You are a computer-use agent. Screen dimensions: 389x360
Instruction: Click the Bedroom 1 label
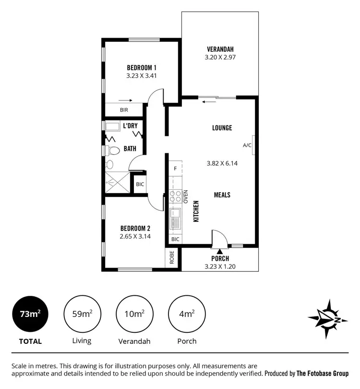(142, 67)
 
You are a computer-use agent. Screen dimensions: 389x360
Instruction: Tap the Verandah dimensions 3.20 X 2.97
(221, 57)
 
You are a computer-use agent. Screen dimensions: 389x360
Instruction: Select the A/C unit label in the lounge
(247, 145)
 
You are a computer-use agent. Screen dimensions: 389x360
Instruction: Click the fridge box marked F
(175, 169)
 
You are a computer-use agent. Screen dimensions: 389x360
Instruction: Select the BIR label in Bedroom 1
(124, 110)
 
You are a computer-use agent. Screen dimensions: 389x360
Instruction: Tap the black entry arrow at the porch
(220, 251)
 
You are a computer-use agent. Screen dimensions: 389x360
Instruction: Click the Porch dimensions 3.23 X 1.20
(220, 267)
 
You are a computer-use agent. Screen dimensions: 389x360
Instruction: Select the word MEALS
(222, 195)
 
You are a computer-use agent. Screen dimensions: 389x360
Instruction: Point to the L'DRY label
(130, 126)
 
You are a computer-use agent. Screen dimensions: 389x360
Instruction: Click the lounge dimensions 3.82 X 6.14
(222, 163)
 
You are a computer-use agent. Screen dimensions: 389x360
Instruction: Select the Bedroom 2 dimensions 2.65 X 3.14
(135, 236)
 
